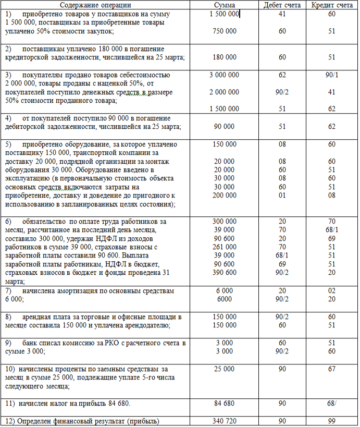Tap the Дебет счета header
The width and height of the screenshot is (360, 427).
click(x=282, y=5)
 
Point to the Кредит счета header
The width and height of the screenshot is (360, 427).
click(x=331, y=5)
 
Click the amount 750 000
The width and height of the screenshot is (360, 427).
click(x=224, y=31)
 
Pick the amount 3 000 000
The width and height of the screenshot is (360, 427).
click(x=224, y=75)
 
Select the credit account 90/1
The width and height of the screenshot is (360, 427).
click(x=331, y=75)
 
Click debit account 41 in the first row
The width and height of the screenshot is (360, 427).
click(x=282, y=14)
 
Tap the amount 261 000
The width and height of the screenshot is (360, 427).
click(x=224, y=247)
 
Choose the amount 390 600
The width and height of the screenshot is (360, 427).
click(x=224, y=272)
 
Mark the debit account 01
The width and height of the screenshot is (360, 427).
click(x=282, y=196)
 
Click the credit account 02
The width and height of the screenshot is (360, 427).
click(x=331, y=291)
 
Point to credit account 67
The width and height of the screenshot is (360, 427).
click(x=331, y=370)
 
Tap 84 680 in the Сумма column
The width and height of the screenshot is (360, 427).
click(x=224, y=404)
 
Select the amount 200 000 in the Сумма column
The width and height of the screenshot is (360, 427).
click(x=224, y=196)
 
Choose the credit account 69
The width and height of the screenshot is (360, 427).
click(x=331, y=238)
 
